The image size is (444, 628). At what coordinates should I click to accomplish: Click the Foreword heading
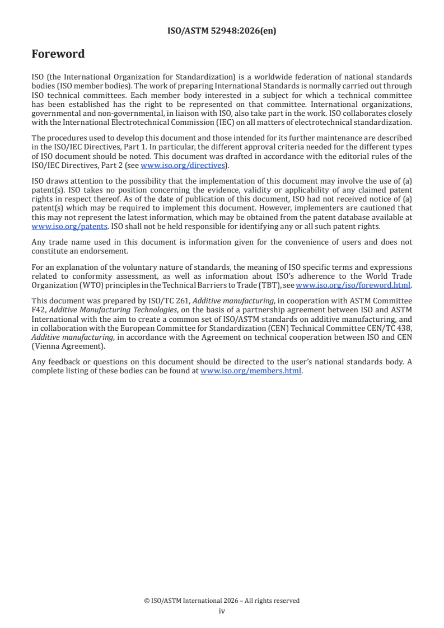tap(58, 54)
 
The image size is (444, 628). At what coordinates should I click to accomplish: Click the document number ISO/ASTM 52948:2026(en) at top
tap(222, 31)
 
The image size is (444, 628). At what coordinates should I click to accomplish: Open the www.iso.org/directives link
tap(183, 166)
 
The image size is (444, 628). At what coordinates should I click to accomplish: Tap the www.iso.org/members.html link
tap(251, 371)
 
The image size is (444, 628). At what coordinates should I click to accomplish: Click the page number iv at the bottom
tap(222, 611)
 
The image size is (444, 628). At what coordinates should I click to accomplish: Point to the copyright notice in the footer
tap(222, 601)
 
